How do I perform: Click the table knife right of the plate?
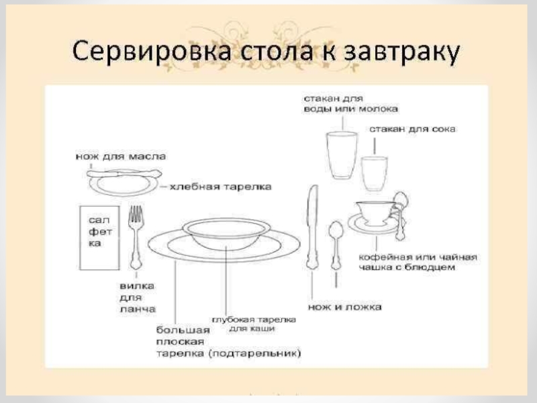click(x=311, y=228)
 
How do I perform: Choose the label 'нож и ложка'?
click(x=345, y=307)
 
